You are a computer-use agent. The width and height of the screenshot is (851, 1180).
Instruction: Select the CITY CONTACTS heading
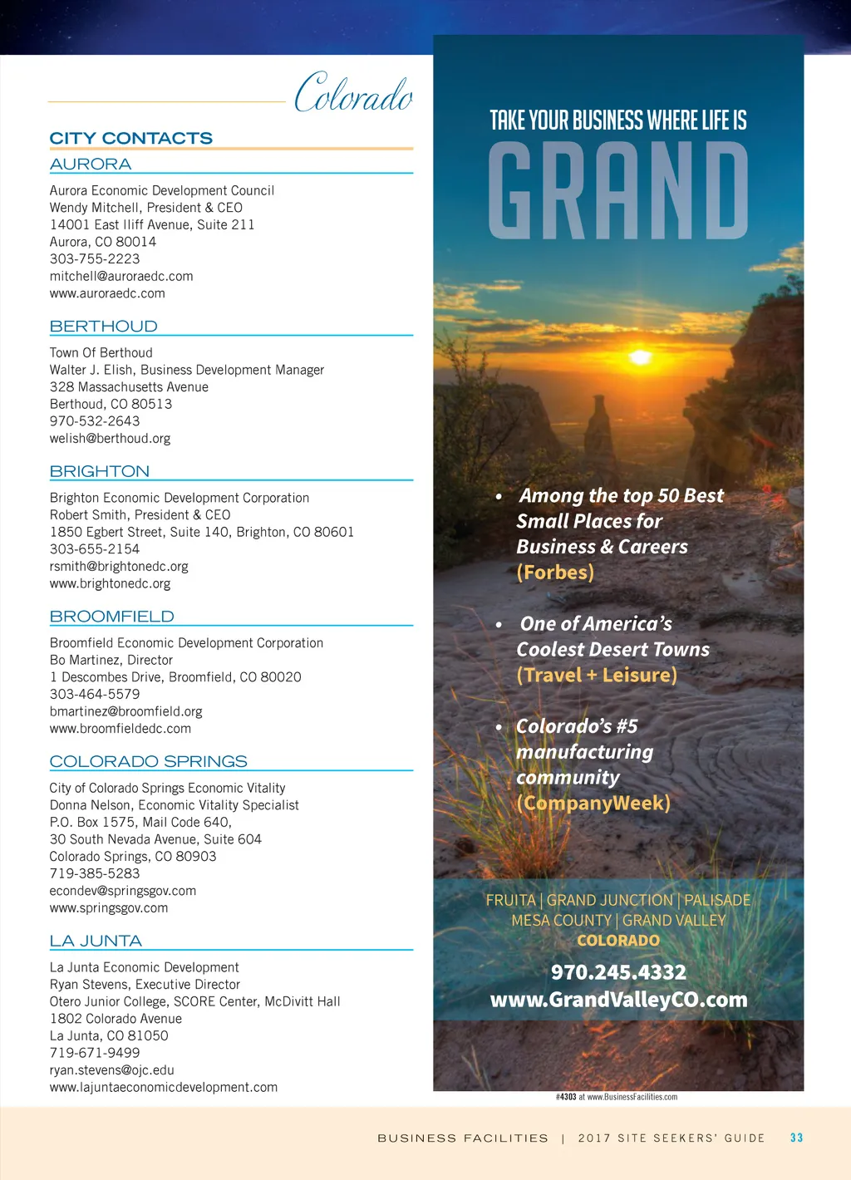pyautogui.click(x=131, y=138)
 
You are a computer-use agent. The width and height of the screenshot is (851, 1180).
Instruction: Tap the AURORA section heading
pyautogui.click(x=91, y=165)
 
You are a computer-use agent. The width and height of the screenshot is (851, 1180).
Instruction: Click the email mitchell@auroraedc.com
pyautogui.click(x=121, y=276)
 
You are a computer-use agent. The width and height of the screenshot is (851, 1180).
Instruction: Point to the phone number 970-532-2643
pyautogui.click(x=95, y=421)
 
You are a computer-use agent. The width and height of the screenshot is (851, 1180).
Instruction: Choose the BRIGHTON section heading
pyautogui.click(x=100, y=471)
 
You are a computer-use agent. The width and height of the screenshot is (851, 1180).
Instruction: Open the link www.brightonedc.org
pyautogui.click(x=110, y=583)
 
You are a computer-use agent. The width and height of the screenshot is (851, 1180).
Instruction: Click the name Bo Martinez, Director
pyautogui.click(x=111, y=660)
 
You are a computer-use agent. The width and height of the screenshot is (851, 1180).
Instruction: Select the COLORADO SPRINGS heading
pyautogui.click(x=149, y=761)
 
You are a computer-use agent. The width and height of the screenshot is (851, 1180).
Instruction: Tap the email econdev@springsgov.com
pyautogui.click(x=123, y=891)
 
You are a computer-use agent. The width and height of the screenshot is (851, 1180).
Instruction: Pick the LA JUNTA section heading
pyautogui.click(x=96, y=941)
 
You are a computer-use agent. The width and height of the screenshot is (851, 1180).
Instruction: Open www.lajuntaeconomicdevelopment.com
pyautogui.click(x=164, y=1087)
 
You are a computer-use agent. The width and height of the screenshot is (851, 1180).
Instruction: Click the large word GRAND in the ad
pyautogui.click(x=618, y=191)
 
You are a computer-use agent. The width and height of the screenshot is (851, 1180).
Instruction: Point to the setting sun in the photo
pyautogui.click(x=640, y=357)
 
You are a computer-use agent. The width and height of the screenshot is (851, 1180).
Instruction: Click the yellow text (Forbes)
pyautogui.click(x=555, y=573)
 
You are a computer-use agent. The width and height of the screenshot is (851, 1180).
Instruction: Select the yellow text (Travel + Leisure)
pyautogui.click(x=597, y=675)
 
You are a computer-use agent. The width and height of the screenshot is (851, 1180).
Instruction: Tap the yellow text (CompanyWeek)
pyautogui.click(x=593, y=803)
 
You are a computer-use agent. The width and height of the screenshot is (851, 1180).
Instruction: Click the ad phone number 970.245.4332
pyautogui.click(x=618, y=972)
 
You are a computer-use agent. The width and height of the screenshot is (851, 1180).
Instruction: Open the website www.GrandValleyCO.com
pyautogui.click(x=618, y=1000)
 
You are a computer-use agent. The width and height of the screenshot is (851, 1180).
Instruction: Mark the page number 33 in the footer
pyautogui.click(x=796, y=1138)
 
